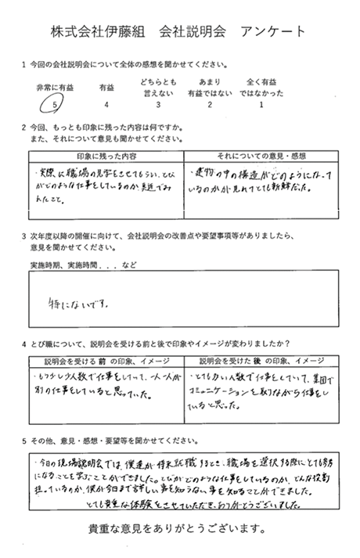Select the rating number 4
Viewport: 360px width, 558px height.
pos(106,103)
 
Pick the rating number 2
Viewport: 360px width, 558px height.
pos(209,103)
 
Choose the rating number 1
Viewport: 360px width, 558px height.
pos(261,103)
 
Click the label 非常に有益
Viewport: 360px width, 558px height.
pos(53,86)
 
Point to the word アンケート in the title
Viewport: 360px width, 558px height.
pos(273,31)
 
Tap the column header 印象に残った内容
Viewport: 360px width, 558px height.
pos(106,157)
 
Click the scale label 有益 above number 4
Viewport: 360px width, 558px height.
pos(106,86)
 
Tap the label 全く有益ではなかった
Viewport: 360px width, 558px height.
pos(261,86)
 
